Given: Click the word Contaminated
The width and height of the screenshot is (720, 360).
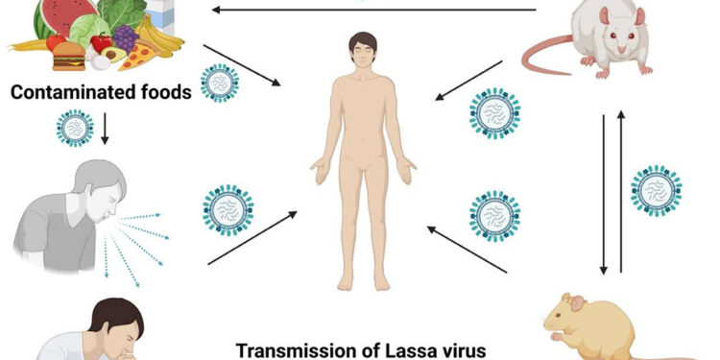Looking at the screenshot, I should (67, 94).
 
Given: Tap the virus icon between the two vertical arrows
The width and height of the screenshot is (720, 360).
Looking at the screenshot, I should (657, 190).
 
